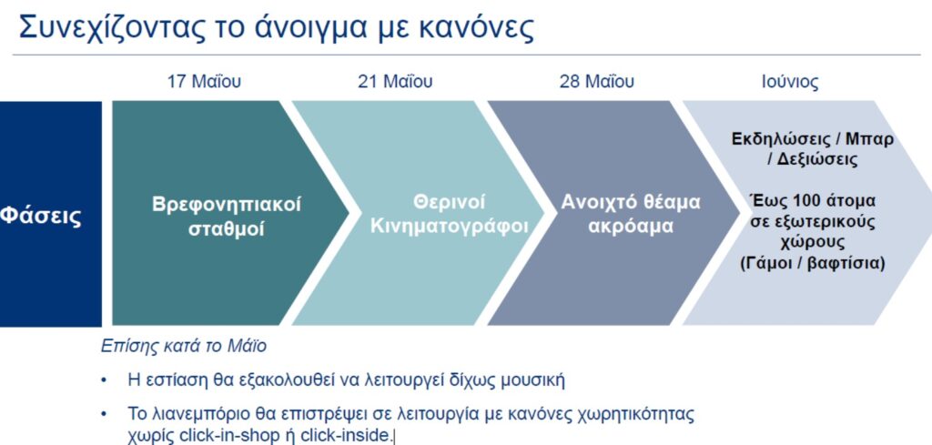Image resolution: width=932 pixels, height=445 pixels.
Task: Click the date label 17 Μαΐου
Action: click(204, 81)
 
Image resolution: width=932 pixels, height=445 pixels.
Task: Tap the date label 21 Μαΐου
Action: click(395, 81)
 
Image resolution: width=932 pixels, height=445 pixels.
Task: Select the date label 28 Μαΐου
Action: click(597, 81)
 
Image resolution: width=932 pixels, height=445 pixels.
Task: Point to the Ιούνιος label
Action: click(789, 82)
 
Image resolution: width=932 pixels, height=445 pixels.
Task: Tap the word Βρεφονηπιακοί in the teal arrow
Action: click(227, 204)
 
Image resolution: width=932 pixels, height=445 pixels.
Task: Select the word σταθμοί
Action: click(227, 228)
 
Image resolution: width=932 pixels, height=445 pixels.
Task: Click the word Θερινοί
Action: click(449, 202)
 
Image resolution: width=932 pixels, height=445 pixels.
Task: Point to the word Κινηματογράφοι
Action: click(449, 227)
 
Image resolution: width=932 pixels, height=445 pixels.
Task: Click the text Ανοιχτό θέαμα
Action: click(631, 202)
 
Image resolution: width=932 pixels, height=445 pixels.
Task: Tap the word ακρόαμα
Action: click(631, 227)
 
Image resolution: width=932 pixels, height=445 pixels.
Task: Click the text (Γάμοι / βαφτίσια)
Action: click(812, 262)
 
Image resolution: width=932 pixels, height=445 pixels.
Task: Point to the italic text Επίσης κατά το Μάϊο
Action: click(184, 346)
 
